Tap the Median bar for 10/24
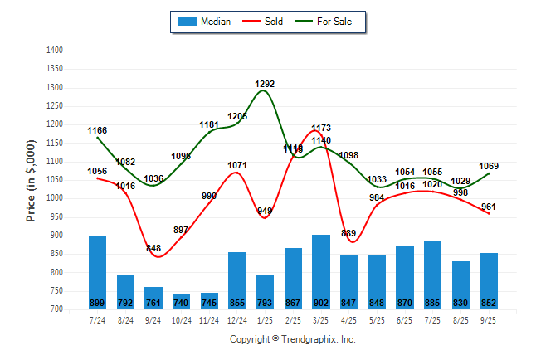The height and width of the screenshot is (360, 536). pyautogui.click(x=181, y=300)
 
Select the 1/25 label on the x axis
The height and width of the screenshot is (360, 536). pyautogui.click(x=265, y=319)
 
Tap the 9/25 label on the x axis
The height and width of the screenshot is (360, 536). pyautogui.click(x=489, y=319)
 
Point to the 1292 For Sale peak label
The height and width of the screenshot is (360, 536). pyautogui.click(x=265, y=84)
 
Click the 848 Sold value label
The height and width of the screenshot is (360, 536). pyautogui.click(x=153, y=248)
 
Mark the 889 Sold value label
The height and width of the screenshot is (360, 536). pyautogui.click(x=348, y=233)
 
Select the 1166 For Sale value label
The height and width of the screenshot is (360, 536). pyautogui.click(x=97, y=130)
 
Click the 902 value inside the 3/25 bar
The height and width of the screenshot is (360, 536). pyautogui.click(x=320, y=303)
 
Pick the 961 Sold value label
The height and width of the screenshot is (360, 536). pyautogui.click(x=489, y=207)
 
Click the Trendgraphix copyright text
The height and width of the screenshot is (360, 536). pyautogui.click(x=292, y=339)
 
